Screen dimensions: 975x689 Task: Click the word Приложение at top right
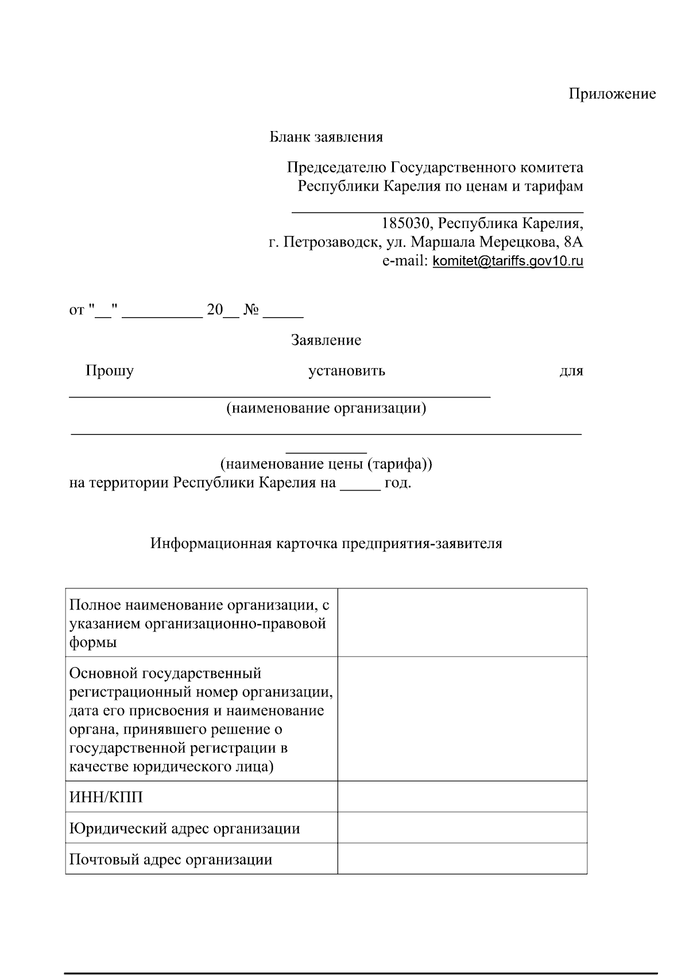(x=612, y=94)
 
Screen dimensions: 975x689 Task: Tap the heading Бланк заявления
(x=326, y=137)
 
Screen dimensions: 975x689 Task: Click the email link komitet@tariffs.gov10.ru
(x=508, y=261)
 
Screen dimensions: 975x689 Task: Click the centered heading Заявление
(x=326, y=340)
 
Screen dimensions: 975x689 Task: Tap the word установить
(x=347, y=371)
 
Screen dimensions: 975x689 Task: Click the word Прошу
(x=110, y=371)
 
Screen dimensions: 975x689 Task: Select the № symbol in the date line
(x=251, y=311)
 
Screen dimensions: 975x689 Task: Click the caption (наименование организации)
(x=326, y=409)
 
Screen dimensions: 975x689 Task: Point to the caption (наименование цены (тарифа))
(x=326, y=464)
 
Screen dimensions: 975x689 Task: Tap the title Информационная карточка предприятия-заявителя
(x=326, y=544)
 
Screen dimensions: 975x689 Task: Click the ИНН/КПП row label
(x=106, y=797)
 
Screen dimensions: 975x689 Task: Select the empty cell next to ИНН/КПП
(x=462, y=797)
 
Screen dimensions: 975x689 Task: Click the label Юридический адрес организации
(x=184, y=828)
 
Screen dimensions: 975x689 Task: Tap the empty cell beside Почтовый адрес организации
(x=462, y=859)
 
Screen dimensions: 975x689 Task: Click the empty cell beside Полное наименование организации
(x=462, y=623)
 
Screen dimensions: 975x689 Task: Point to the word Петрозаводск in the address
(x=330, y=242)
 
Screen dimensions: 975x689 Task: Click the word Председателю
(x=336, y=168)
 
